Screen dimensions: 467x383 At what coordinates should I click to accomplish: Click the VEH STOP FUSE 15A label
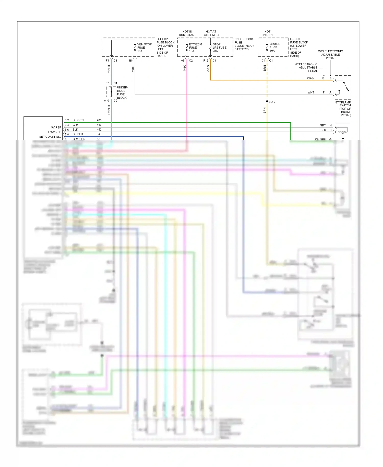click(144, 48)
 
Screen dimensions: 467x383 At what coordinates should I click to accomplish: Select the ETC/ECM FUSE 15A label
click(195, 48)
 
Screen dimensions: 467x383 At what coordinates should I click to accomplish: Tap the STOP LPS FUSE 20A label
click(219, 48)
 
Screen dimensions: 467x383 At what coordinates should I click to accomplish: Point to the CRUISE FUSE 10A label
click(275, 47)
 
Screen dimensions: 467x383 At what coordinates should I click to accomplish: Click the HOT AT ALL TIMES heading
click(211, 33)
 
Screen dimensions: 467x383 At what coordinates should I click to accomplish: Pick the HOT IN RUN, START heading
click(187, 33)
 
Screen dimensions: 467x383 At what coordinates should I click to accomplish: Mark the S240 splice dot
click(267, 101)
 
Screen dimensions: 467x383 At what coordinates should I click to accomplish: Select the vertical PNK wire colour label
click(185, 68)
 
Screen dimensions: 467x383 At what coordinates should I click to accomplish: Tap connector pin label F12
click(206, 61)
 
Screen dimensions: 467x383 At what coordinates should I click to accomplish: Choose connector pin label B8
click(131, 61)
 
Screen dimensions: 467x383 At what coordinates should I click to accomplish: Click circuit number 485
click(99, 120)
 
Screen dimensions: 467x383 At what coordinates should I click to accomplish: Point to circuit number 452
click(99, 130)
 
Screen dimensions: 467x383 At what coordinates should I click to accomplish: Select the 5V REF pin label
click(56, 127)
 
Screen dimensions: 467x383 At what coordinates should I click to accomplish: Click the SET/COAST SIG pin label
click(50, 137)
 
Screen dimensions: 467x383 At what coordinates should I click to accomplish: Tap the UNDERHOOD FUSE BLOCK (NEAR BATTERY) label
click(244, 44)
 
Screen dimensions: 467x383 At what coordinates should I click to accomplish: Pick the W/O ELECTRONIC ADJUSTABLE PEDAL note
click(330, 55)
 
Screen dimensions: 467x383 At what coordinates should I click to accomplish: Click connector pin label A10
click(106, 101)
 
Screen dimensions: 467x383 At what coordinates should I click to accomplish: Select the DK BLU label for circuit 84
click(78, 134)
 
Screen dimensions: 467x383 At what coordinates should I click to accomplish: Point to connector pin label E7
click(107, 83)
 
